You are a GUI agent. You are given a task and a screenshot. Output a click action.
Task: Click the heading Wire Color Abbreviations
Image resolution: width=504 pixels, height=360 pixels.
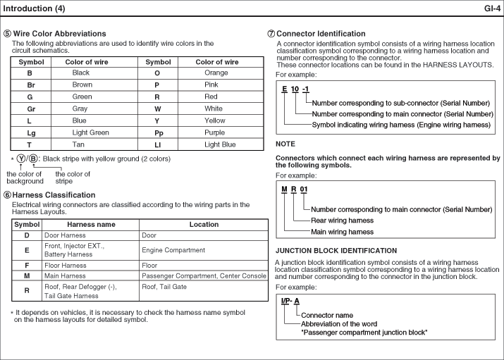click(x=59, y=34)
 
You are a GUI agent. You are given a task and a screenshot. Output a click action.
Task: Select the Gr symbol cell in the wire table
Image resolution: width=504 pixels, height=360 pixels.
click(x=30, y=109)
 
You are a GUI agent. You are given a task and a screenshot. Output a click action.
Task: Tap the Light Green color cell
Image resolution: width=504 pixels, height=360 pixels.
click(x=90, y=132)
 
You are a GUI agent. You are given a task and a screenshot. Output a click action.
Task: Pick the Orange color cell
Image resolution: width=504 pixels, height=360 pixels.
click(x=216, y=73)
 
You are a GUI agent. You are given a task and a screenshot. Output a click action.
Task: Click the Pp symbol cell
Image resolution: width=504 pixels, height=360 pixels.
click(x=158, y=132)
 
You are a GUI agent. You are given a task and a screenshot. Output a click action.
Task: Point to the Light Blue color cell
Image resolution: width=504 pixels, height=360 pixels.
click(x=220, y=144)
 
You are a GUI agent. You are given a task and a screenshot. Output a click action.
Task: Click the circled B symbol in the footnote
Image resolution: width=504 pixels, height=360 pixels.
click(x=32, y=159)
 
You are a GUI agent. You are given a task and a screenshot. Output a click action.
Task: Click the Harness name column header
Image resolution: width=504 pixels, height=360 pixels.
click(x=90, y=225)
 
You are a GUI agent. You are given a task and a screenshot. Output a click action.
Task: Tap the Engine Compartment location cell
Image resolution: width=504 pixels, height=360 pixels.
click(x=173, y=250)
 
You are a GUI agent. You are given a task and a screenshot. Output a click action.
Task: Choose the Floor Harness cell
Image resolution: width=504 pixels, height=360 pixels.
click(x=65, y=266)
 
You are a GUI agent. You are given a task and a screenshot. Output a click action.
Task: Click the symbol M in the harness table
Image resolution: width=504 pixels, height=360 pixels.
click(x=27, y=276)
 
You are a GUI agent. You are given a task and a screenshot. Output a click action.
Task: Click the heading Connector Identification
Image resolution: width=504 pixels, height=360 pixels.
click(x=321, y=34)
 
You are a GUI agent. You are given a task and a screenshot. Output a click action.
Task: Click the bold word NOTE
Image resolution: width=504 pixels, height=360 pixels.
click(x=285, y=144)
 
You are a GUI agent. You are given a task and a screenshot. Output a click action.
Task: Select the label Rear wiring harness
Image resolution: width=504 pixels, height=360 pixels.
click(x=342, y=221)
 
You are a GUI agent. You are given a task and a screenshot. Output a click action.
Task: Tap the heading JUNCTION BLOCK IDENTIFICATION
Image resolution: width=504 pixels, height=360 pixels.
click(x=336, y=251)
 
